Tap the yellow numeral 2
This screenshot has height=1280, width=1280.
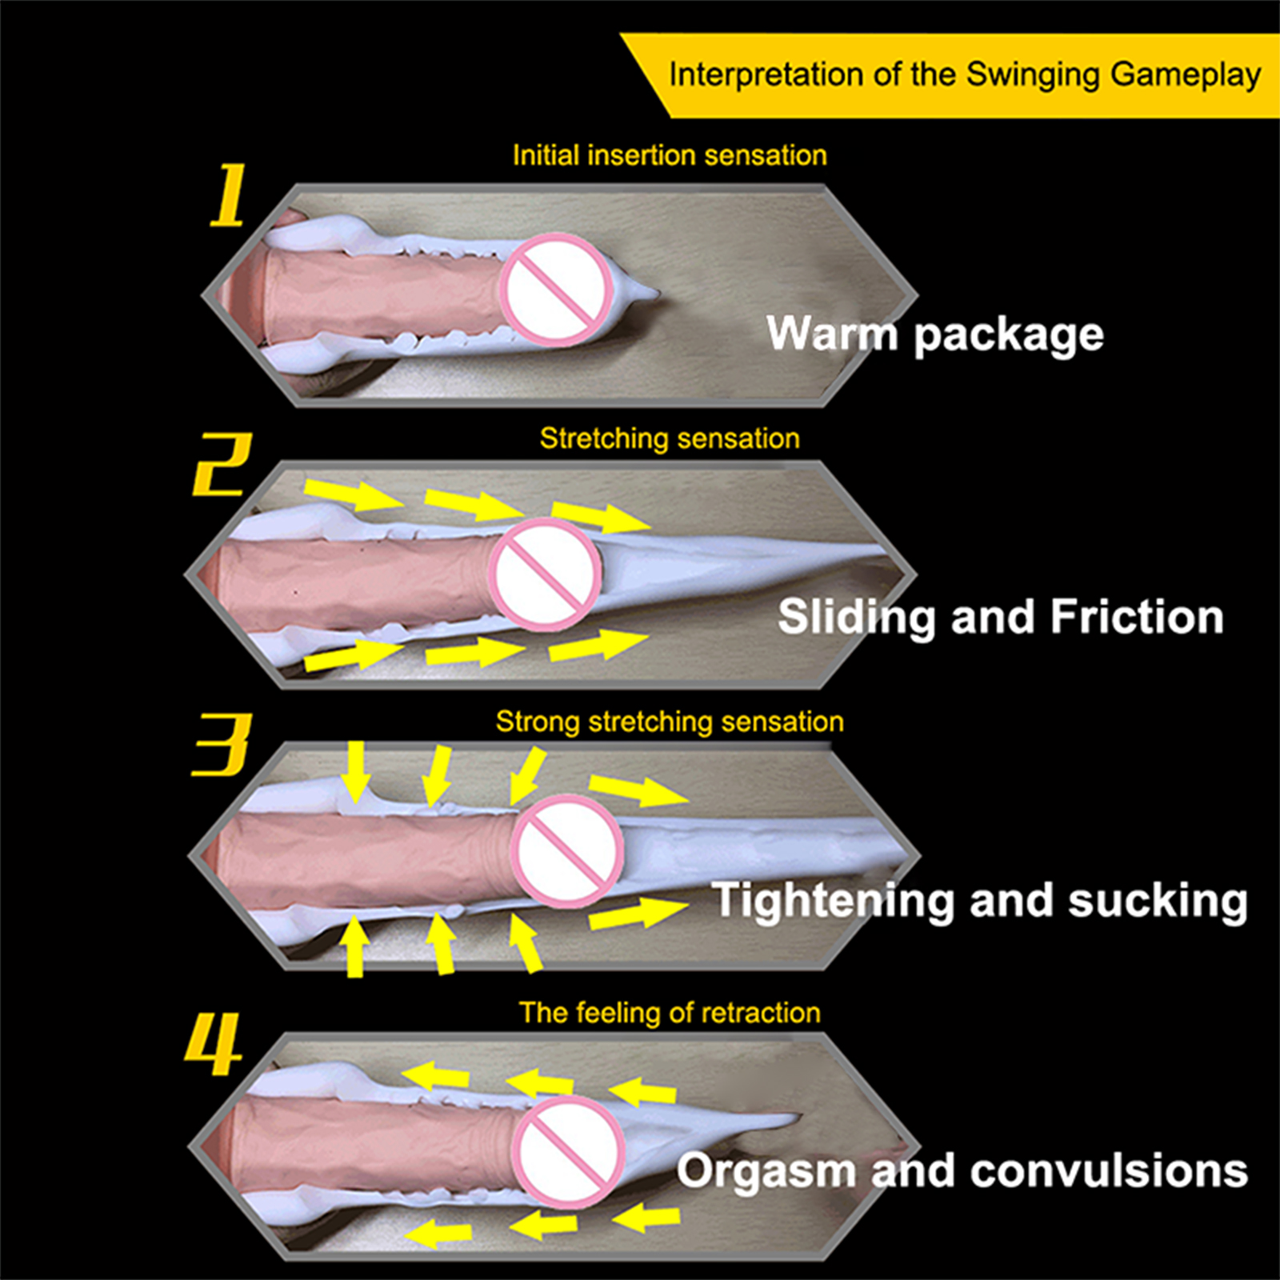(222, 465)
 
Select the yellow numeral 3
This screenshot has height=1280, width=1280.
(222, 745)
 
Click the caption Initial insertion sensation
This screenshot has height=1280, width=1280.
(670, 155)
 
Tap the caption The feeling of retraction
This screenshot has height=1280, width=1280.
(670, 1013)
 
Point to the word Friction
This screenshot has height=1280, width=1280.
(1137, 617)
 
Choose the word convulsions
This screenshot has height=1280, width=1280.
(1109, 1171)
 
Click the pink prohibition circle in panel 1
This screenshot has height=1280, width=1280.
(556, 290)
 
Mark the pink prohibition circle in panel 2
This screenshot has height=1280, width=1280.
(546, 574)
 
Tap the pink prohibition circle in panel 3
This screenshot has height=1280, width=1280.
(566, 850)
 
